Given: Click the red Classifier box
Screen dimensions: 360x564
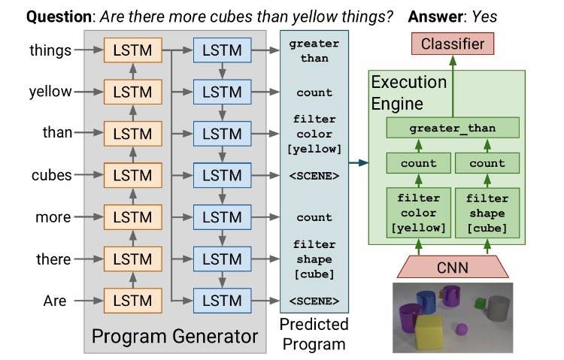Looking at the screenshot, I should click(x=452, y=44).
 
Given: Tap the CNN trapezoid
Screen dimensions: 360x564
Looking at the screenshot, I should click(x=452, y=267).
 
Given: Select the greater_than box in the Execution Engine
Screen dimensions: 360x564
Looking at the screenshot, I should click(x=452, y=128).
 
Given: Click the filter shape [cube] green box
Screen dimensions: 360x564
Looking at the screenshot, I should click(x=487, y=213).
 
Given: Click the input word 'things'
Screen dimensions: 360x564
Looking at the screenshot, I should click(x=50, y=51).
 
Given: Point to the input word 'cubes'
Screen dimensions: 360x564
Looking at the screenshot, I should click(x=51, y=175).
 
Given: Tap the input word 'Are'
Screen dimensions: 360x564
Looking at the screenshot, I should click(x=55, y=301).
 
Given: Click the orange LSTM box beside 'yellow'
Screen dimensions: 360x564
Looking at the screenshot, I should click(x=133, y=92).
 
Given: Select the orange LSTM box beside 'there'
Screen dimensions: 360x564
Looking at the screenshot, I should click(x=133, y=259).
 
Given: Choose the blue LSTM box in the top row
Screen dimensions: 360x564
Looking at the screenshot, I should click(x=222, y=51).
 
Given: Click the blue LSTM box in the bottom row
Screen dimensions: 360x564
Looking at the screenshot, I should click(x=222, y=301).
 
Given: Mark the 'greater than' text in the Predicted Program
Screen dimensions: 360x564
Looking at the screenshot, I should click(x=314, y=51).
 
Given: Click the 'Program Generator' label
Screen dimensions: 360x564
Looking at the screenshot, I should click(x=174, y=335).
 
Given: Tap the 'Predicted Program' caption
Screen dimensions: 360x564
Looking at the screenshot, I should click(x=314, y=334).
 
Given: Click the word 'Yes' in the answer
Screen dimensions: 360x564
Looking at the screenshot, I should click(x=481, y=16).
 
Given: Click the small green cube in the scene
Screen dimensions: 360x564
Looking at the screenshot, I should click(x=479, y=303).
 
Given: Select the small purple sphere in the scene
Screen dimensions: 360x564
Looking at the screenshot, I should click(x=462, y=328).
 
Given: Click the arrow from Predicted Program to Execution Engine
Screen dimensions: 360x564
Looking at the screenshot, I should click(x=357, y=162).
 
